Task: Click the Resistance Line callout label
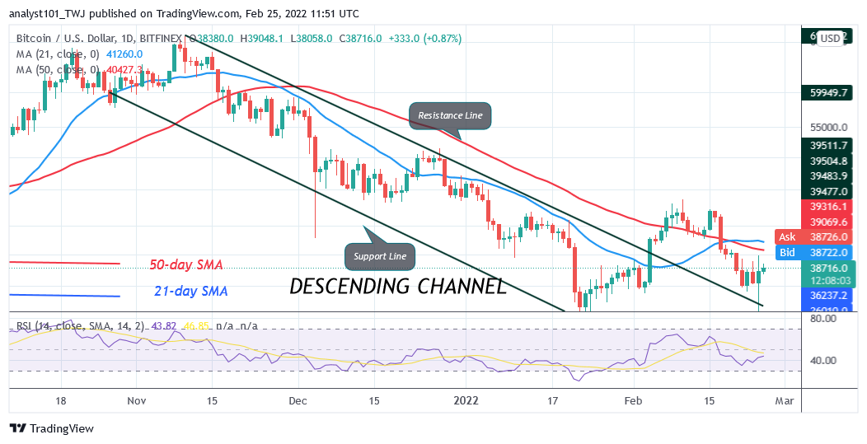(x=450, y=115)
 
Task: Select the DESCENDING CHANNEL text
(x=398, y=286)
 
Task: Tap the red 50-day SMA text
(x=187, y=265)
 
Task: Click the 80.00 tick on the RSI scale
(x=822, y=318)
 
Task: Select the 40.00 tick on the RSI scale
(x=822, y=360)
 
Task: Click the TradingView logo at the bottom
(x=52, y=428)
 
